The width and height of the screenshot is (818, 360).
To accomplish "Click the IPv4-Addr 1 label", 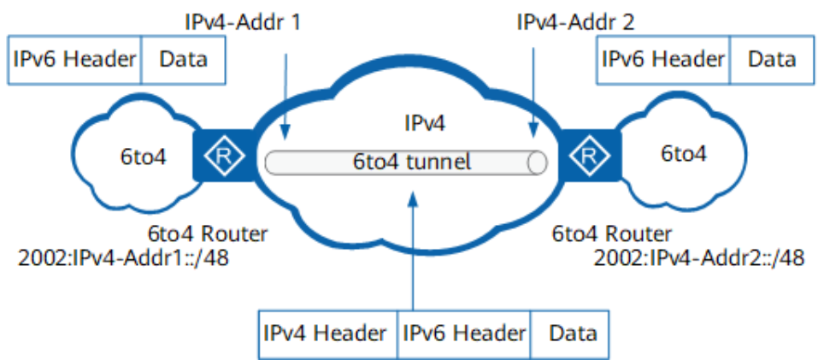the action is tap(243, 23).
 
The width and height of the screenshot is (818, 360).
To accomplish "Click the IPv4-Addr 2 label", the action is tap(575, 23).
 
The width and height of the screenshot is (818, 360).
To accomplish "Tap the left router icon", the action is tap(224, 155).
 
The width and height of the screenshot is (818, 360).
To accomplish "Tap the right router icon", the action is tap(590, 155).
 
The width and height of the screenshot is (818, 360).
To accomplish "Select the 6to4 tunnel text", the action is tap(412, 162).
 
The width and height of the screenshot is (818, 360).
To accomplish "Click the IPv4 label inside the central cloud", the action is tap(425, 124).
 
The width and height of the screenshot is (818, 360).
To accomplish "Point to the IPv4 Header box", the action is tap(328, 333).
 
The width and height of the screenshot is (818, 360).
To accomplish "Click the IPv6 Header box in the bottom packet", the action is tap(464, 333).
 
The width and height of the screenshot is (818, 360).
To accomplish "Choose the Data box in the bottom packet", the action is tap(569, 333).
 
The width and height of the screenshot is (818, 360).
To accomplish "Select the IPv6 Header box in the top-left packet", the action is tap(74, 60).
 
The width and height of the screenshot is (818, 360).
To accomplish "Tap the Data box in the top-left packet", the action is tap(183, 60).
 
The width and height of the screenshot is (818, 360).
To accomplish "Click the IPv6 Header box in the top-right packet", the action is tap(663, 60).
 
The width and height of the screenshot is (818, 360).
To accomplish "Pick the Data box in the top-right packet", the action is tap(772, 60).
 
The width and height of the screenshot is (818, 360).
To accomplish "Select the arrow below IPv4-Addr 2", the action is tap(533, 93).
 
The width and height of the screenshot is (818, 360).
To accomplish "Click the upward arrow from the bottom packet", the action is tap(413, 251).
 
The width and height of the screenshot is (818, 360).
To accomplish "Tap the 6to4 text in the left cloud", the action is tap(144, 156).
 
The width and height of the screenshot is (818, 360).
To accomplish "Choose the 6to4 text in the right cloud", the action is tap(684, 153).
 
